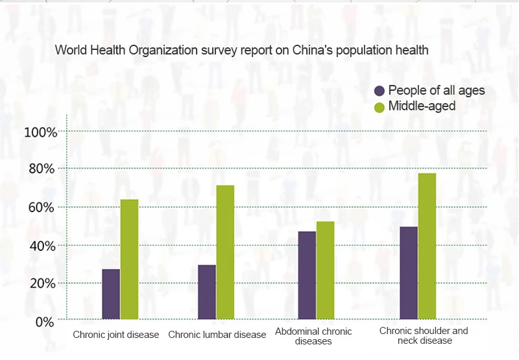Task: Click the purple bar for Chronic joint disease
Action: click(111, 294)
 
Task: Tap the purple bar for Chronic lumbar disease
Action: click(207, 292)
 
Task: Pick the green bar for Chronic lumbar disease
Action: click(225, 252)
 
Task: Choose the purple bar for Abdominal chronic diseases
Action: click(307, 275)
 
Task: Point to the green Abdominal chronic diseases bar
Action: click(325, 270)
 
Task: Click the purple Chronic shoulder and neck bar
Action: click(409, 273)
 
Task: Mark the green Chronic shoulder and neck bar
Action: click(427, 246)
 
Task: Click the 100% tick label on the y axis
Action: click(41, 132)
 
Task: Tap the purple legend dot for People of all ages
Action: click(380, 91)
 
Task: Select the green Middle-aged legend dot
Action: click(380, 106)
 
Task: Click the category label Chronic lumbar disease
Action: click(217, 335)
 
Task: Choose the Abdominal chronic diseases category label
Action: click(313, 336)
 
